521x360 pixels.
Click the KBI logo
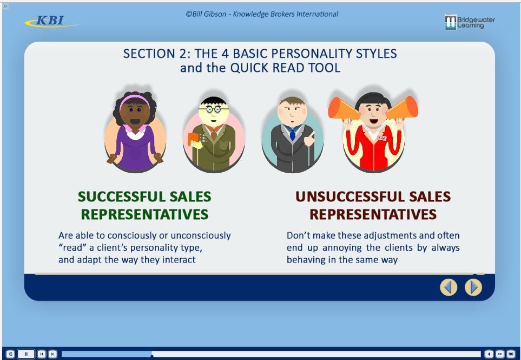click(50, 21)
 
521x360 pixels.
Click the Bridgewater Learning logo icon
click(451, 22)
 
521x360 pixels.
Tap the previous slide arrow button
click(449, 287)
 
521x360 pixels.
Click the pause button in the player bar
click(26, 354)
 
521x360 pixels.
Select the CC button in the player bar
click(500, 354)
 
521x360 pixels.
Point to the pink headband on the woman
click(134, 99)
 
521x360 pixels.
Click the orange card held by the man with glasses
click(193, 139)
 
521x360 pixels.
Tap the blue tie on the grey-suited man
click(292, 134)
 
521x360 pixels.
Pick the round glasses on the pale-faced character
click(213, 109)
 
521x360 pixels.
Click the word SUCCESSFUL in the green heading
click(122, 197)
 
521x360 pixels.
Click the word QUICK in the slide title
click(250, 68)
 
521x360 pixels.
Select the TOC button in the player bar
click(511, 354)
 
